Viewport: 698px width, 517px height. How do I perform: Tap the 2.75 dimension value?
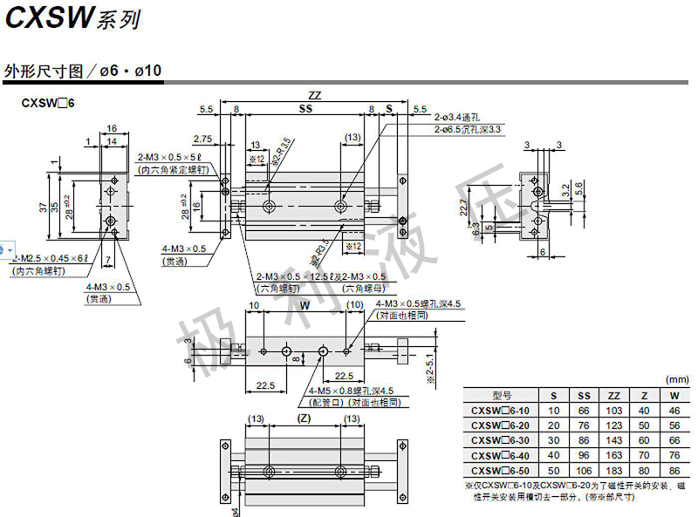click(202, 139)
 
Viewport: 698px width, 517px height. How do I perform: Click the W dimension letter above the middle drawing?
click(305, 306)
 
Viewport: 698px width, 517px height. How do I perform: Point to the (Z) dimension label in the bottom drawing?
click(304, 419)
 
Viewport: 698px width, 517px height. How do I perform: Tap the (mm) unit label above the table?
click(676, 380)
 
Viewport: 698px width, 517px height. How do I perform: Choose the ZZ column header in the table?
click(613, 395)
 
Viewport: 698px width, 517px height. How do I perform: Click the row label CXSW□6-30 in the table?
click(499, 439)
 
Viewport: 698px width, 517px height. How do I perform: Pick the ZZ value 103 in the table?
click(613, 410)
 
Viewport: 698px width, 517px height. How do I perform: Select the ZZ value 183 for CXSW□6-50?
click(613, 469)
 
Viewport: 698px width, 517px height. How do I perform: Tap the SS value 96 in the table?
click(584, 454)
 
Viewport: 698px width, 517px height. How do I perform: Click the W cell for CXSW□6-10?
click(674, 410)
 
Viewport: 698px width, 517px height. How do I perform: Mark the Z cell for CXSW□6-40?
click(644, 454)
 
